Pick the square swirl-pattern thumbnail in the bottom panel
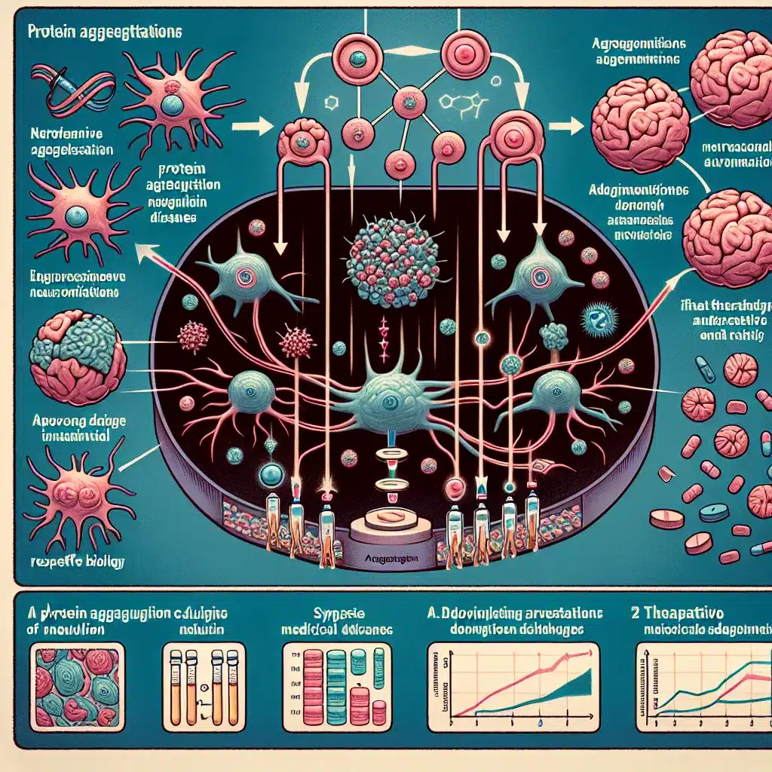(x=74, y=685)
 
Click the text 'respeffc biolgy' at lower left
(x=75, y=561)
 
